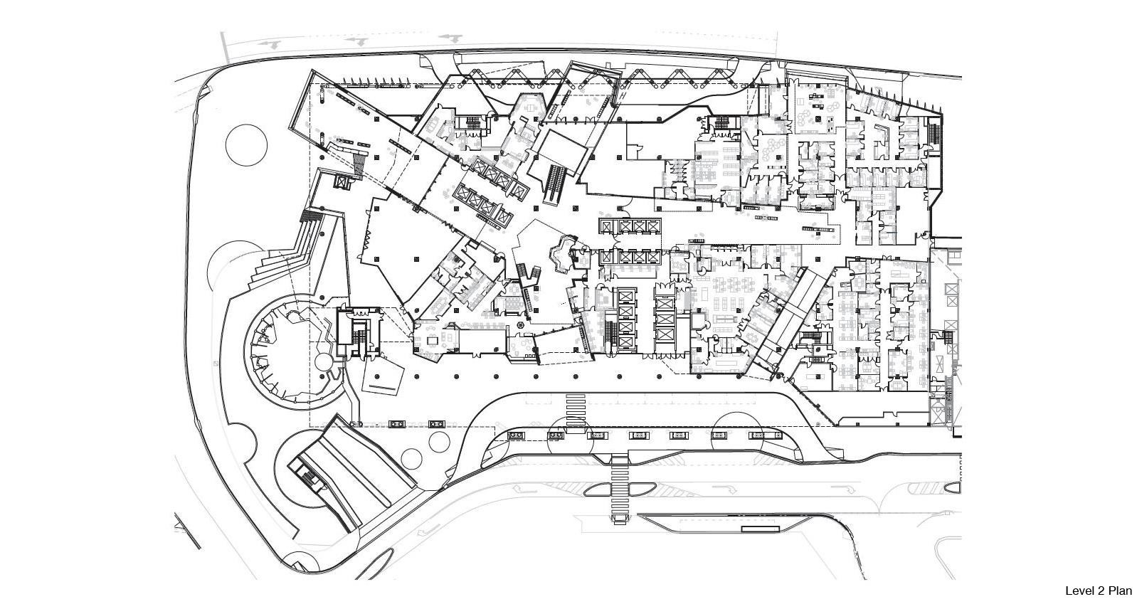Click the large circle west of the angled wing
coord(246,145)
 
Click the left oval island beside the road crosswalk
coord(597,489)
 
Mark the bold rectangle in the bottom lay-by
coord(760,529)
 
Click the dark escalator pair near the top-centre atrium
coord(555,184)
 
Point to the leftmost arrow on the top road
coord(270,44)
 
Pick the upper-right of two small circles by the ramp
coord(439,442)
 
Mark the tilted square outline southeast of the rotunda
coord(383,376)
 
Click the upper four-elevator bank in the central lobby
coord(630,226)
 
